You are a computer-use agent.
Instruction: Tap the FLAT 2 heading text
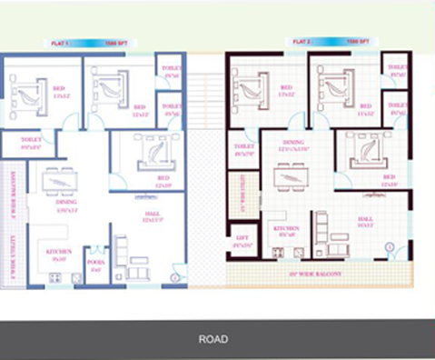tap(302, 42)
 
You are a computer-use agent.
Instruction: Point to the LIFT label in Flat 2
tap(242, 242)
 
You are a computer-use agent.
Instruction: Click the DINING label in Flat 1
tap(66, 205)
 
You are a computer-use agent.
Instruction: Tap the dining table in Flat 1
tap(64, 180)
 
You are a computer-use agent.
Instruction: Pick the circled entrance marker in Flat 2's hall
tap(390, 246)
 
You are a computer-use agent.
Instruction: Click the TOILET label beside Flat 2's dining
tap(242, 148)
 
